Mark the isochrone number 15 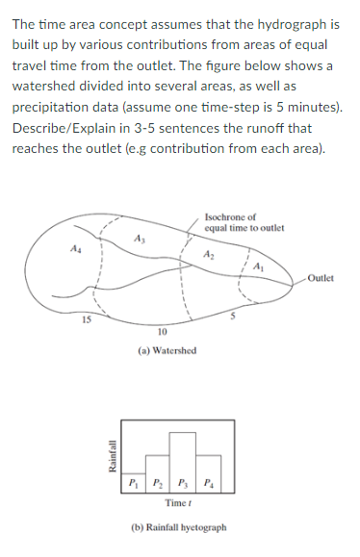pos(86,319)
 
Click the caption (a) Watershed pos(167,351)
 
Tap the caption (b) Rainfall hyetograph pos(179,528)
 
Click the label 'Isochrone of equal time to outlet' pos(231,222)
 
